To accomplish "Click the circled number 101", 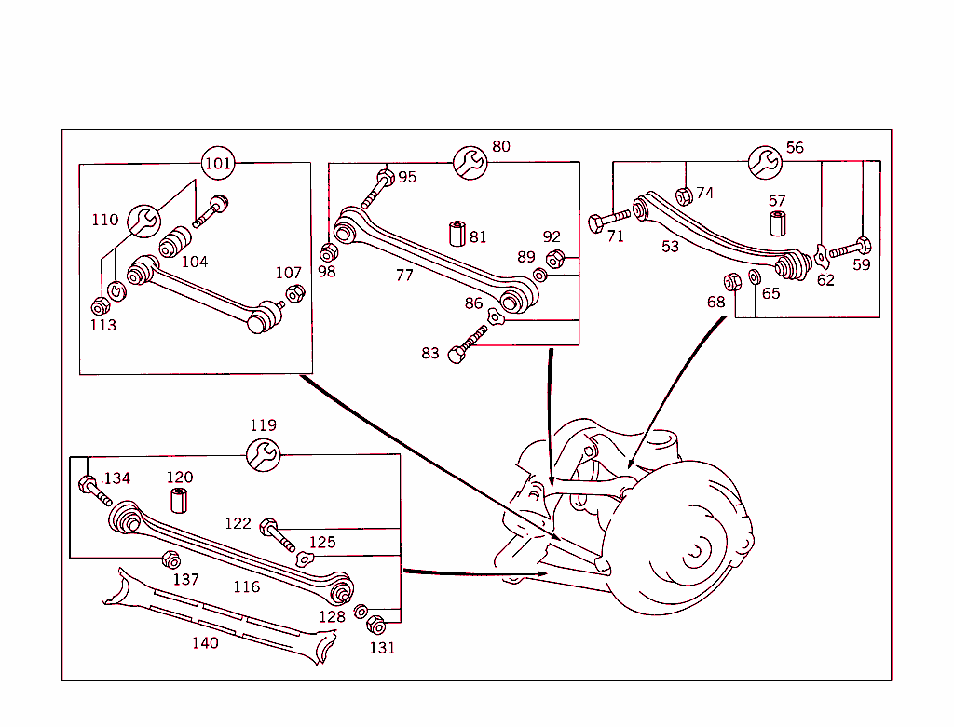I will (217, 164).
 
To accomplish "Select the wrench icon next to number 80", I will (470, 162).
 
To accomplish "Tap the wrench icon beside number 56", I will (765, 162).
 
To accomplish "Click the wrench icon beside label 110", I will (143, 220).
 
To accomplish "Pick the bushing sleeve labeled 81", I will (457, 233).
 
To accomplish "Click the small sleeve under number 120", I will (179, 500).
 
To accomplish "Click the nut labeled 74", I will (683, 195).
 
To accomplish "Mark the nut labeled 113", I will (100, 305).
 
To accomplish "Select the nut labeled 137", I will (170, 559).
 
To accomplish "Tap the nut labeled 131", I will (376, 626).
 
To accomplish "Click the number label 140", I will (205, 643).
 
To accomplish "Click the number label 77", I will (404, 276).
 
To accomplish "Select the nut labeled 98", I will (329, 252).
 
